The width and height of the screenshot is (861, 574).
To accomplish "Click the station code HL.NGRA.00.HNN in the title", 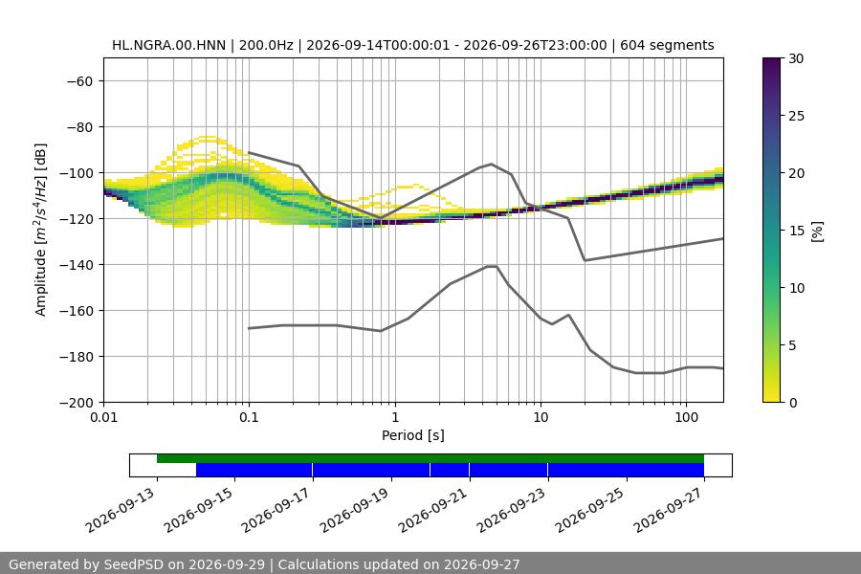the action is click(x=168, y=45).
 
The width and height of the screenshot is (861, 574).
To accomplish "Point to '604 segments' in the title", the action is click(x=667, y=45).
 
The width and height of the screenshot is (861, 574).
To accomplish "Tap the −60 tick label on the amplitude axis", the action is click(x=79, y=81).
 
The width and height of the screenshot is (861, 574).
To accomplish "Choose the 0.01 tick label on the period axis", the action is click(x=103, y=417).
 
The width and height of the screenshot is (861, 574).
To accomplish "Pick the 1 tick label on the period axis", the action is click(x=395, y=417).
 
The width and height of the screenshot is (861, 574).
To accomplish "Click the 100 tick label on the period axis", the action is click(x=686, y=417).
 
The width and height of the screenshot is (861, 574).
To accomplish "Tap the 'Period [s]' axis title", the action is click(x=413, y=435).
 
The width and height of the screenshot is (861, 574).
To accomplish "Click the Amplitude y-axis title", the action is click(x=40, y=230).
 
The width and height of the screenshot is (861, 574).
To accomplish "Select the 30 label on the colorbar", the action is click(x=796, y=58).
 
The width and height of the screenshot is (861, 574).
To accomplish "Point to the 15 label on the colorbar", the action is click(x=796, y=231).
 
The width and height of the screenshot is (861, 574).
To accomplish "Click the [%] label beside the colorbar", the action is click(x=817, y=231).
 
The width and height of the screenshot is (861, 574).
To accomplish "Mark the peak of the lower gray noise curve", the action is click(x=492, y=266).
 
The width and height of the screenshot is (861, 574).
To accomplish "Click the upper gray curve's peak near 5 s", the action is click(x=492, y=164).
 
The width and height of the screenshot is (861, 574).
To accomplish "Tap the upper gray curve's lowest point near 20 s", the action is click(x=585, y=260).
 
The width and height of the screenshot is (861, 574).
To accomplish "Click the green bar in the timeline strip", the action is click(x=430, y=458).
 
